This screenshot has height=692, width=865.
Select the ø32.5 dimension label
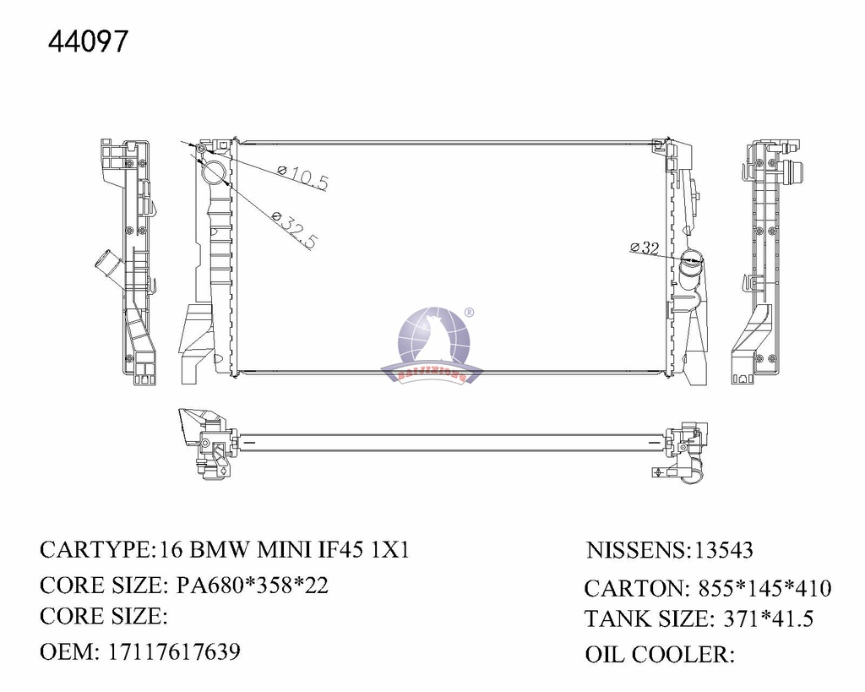295,230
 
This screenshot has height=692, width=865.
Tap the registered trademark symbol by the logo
470,313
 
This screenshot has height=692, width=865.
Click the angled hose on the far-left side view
107,263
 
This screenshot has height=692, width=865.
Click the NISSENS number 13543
723,551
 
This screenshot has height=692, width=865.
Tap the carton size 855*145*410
764,588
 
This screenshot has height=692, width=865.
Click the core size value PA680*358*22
252,586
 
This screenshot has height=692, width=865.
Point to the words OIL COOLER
657,655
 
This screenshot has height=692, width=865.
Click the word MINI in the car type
286,550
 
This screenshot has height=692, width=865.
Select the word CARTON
632,588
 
